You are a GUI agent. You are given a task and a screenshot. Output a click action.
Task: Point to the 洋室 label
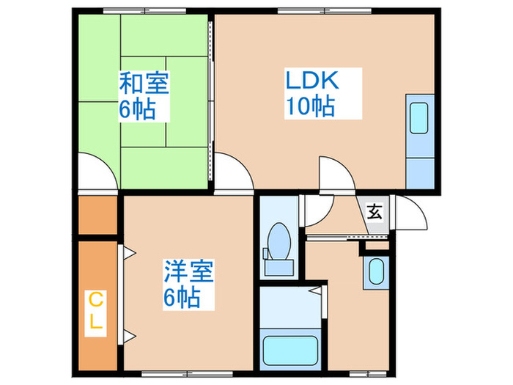188,272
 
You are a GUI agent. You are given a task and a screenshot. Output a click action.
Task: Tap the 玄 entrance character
374,213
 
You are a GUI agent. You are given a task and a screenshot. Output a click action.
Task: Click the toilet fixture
278,244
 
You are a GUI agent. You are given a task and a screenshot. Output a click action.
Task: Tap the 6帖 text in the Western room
180,298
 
